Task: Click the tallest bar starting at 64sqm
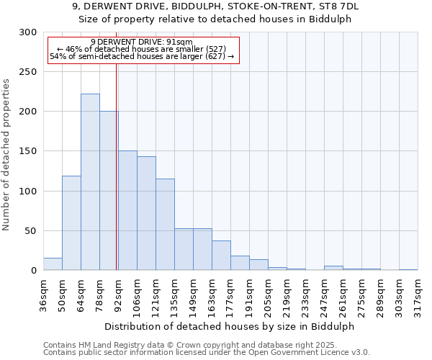[x=90, y=182]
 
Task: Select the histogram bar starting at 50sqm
[x=71, y=223]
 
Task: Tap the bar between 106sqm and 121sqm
[x=146, y=213]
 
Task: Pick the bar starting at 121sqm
[x=165, y=225]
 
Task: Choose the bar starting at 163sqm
[x=221, y=256]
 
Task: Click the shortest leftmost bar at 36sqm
[x=53, y=264]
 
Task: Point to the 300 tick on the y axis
[x=28, y=32]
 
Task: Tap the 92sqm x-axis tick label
[x=119, y=294]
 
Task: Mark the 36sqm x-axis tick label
[x=44, y=294]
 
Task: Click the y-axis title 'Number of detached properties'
[x=6, y=155]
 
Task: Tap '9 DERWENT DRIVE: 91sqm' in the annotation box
[x=142, y=42]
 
